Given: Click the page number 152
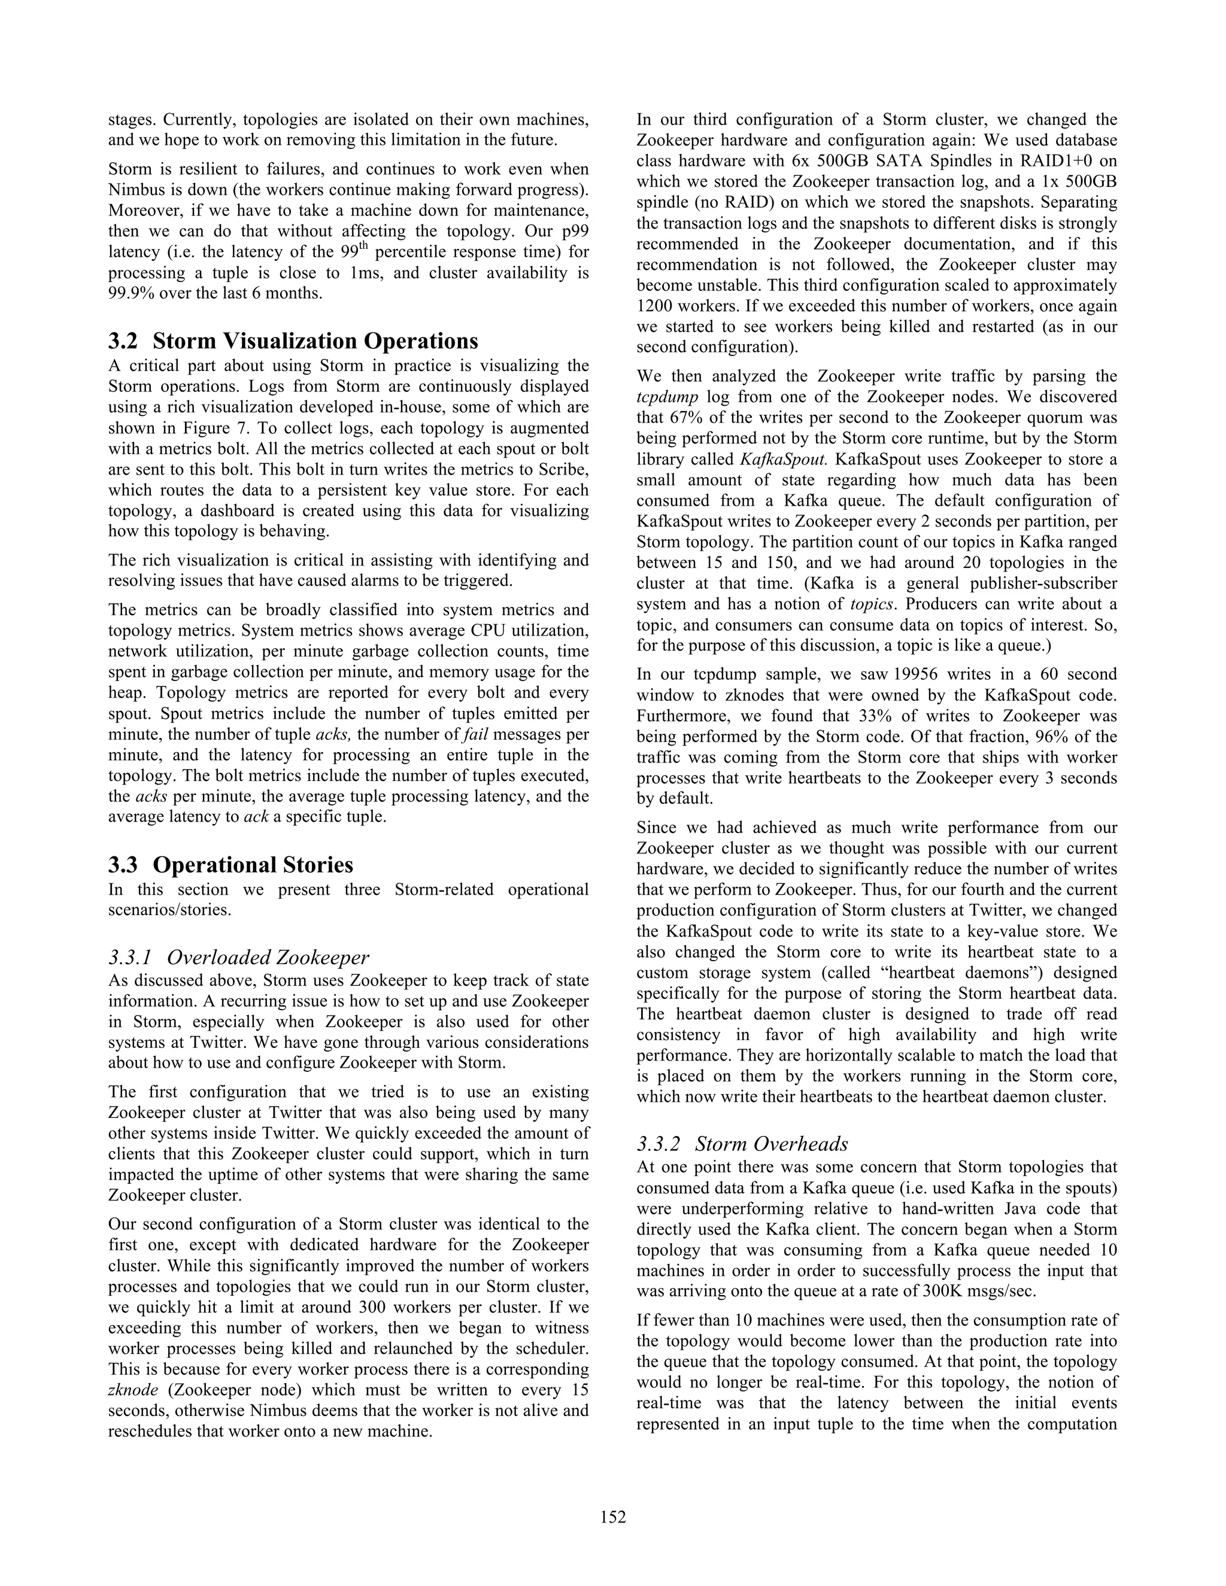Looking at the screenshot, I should (x=613, y=1517).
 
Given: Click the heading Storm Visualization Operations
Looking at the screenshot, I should (x=315, y=341).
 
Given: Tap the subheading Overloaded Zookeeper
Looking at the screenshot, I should (x=268, y=957).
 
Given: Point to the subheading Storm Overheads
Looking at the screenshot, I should (x=771, y=1144).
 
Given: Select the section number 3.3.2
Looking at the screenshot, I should (x=658, y=1144).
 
